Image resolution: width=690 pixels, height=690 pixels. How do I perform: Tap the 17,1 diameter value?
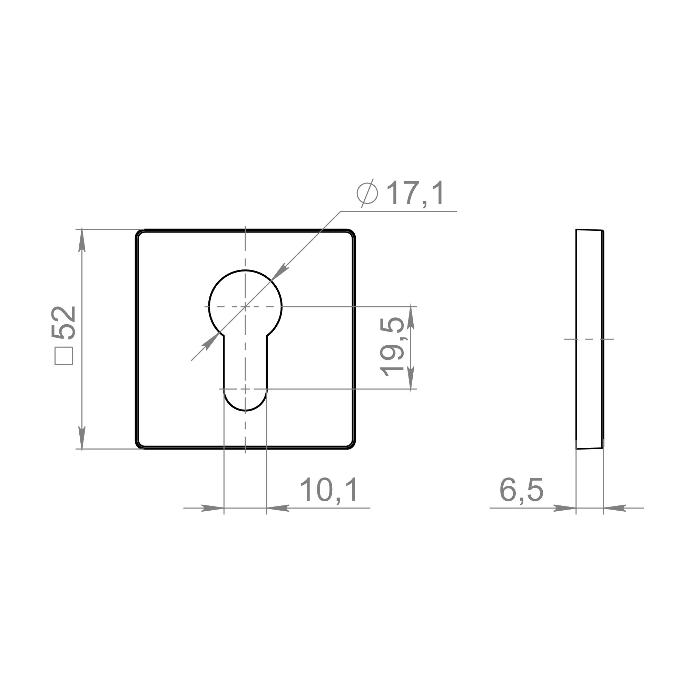[416, 193]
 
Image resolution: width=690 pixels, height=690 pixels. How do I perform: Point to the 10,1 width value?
[329, 490]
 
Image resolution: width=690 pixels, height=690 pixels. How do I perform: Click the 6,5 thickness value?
[521, 490]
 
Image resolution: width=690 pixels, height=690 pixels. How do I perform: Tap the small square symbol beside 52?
[64, 356]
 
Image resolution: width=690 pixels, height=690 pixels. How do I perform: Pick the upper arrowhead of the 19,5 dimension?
[411, 317]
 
